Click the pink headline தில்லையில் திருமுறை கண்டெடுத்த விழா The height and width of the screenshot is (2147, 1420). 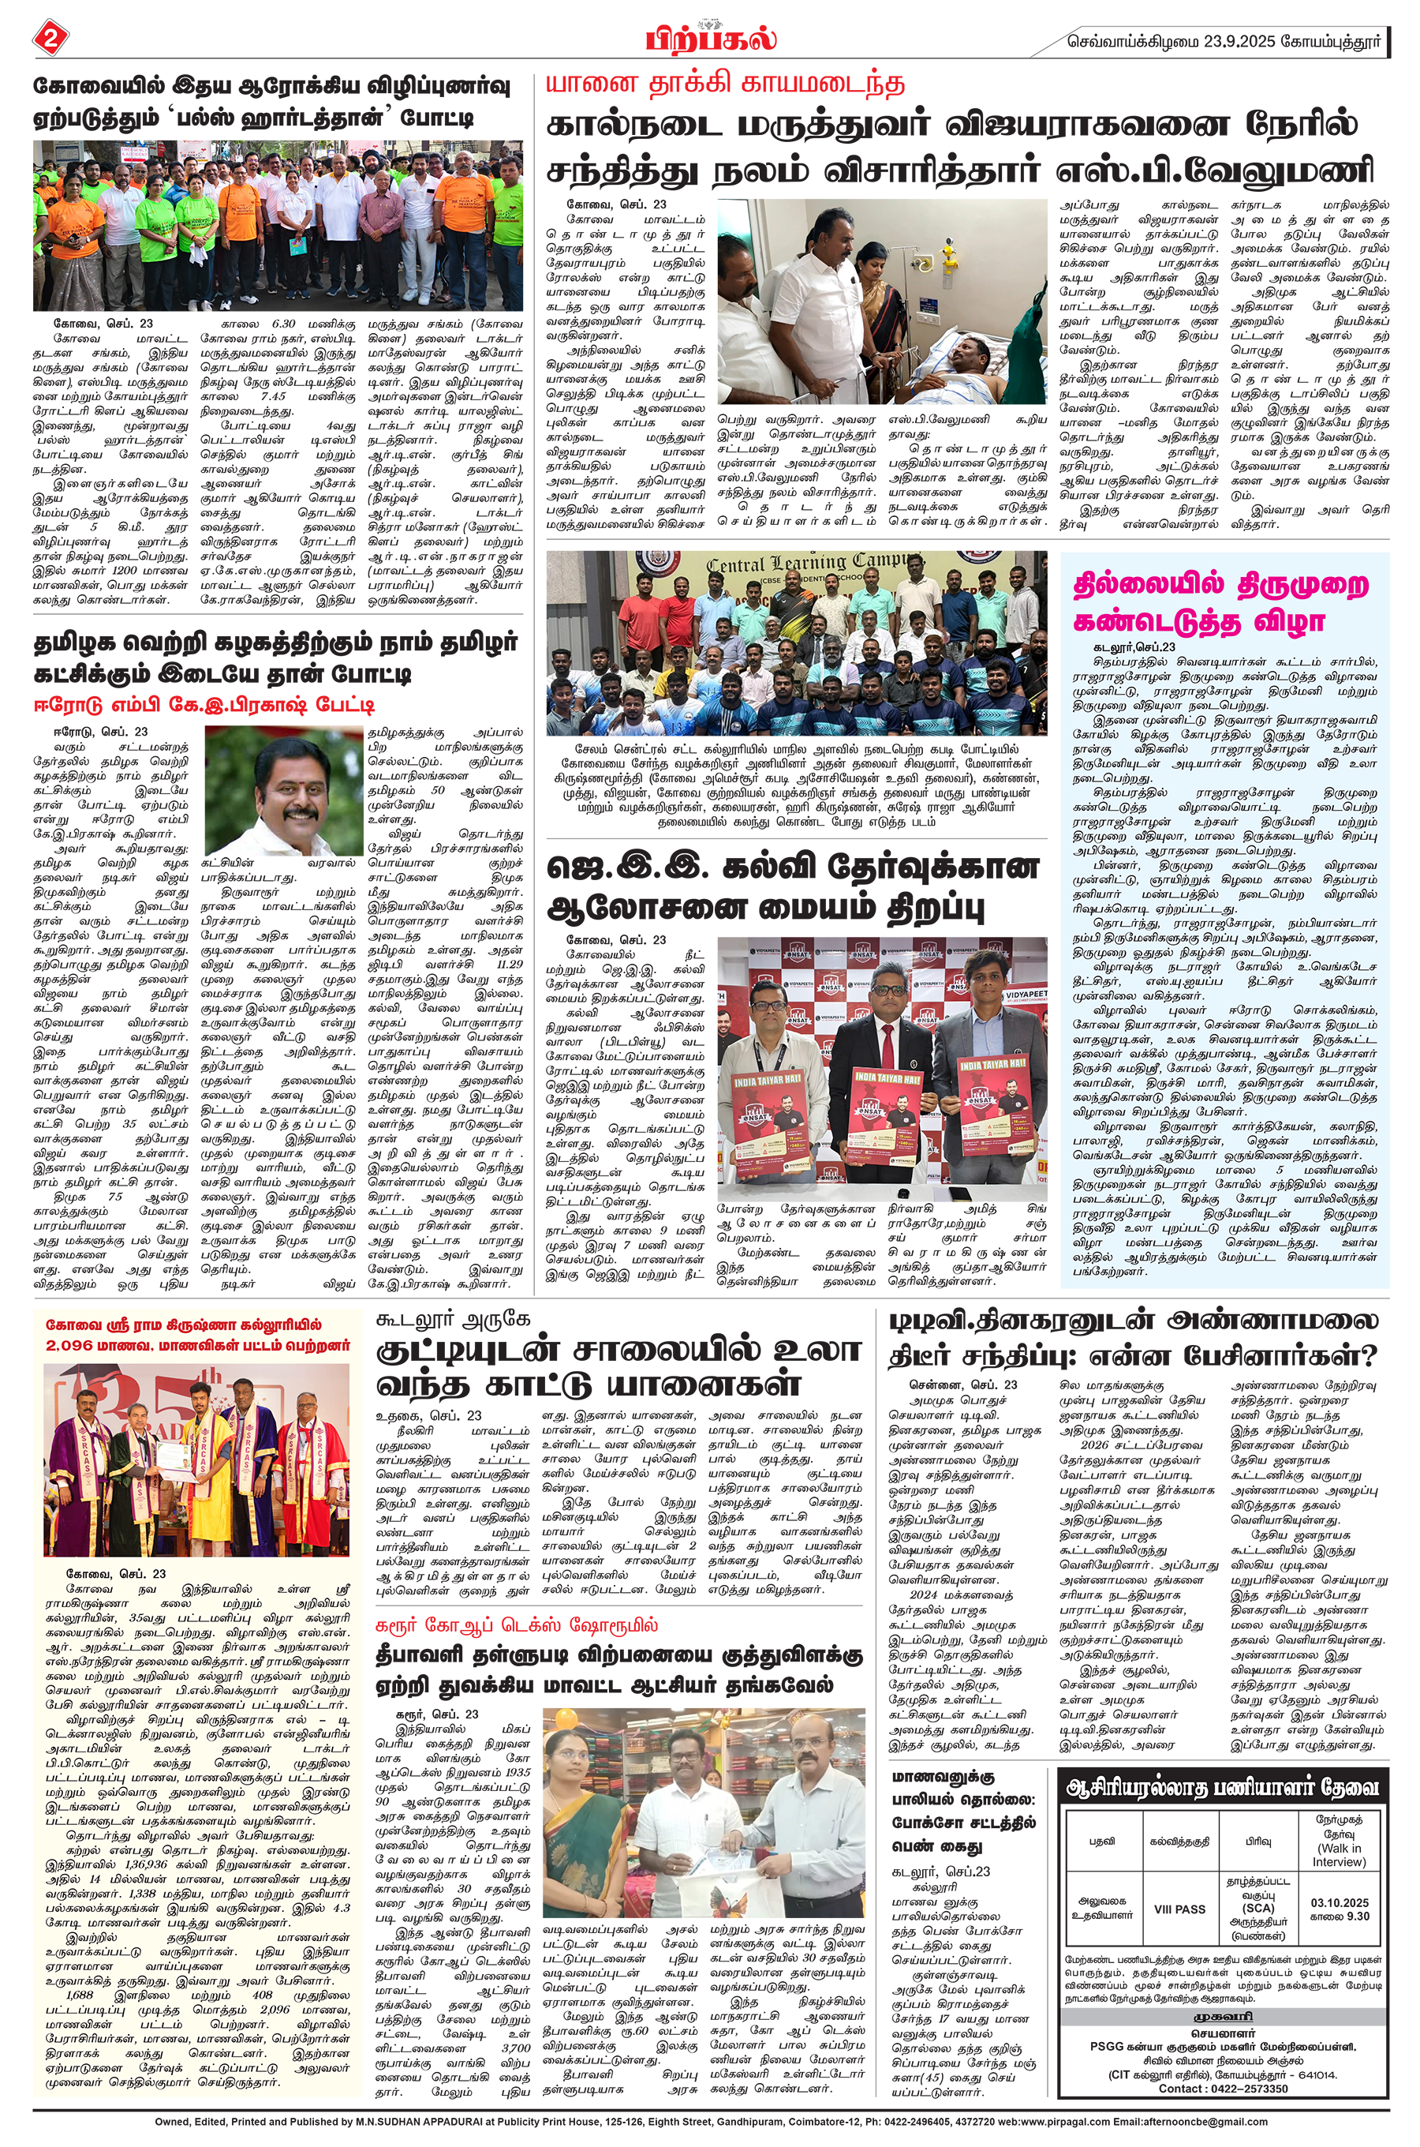point(1220,602)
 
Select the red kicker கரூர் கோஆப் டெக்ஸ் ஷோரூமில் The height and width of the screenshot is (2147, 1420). point(517,1625)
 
